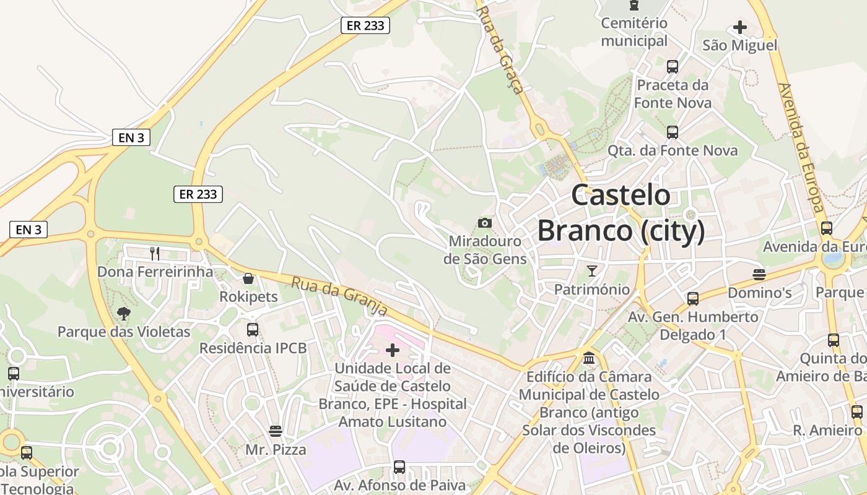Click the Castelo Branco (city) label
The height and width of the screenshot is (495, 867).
[621, 213]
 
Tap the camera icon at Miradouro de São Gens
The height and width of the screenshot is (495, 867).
[485, 223]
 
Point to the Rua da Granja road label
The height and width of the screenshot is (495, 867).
[339, 295]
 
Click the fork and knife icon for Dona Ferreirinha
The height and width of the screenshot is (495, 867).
[155, 253]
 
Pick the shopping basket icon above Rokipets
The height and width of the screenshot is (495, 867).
[248, 278]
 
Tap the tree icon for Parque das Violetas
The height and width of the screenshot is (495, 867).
[124, 314]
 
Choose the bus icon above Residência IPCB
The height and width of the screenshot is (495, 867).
[253, 330]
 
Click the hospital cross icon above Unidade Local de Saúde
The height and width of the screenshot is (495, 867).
[393, 351]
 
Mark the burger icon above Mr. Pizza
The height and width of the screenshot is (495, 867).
[276, 431]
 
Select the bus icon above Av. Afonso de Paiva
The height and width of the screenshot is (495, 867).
[399, 467]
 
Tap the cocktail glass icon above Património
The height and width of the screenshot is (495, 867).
[592, 271]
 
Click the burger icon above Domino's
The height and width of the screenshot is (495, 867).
[759, 274]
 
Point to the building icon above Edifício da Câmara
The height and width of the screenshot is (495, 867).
[589, 358]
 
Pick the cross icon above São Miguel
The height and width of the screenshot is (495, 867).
[739, 27]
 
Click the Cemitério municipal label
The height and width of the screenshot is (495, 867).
[634, 32]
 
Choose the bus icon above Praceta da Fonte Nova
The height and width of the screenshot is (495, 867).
[673, 67]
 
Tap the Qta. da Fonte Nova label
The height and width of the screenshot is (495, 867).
[673, 151]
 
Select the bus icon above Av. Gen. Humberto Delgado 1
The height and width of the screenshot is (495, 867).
[693, 299]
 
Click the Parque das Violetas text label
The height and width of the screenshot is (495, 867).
[124, 332]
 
